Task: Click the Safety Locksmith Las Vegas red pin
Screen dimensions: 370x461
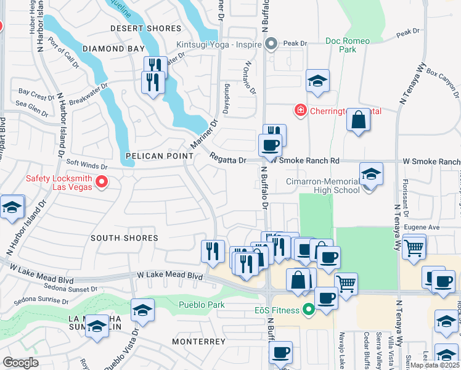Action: point(102,181)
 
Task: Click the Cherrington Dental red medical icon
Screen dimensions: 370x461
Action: point(300,110)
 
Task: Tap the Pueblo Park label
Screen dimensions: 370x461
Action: point(202,305)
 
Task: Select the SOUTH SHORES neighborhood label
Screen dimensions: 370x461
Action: point(124,238)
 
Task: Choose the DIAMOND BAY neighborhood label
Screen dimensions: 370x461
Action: point(113,49)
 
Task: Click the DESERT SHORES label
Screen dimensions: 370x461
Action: point(145,28)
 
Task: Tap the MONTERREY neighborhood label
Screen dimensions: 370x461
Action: point(198,341)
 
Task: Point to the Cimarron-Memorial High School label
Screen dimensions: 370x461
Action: point(323,186)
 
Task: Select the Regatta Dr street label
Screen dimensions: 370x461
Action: point(227,159)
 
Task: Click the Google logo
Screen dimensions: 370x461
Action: point(20,362)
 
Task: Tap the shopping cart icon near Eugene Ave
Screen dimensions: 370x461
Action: point(414,247)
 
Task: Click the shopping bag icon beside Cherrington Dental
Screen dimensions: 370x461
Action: point(358,120)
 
